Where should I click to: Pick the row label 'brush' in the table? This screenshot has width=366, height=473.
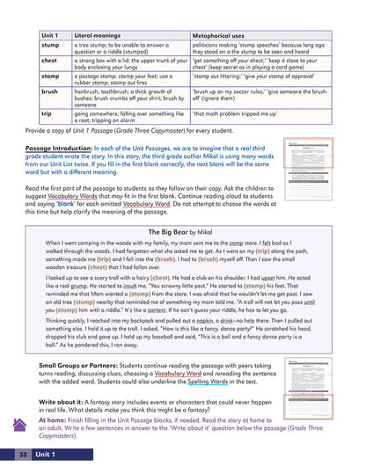pyautogui.click(x=49, y=91)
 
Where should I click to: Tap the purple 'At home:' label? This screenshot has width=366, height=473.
pyautogui.click(x=52, y=421)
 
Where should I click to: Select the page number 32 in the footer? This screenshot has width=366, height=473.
pyautogui.click(x=21, y=454)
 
